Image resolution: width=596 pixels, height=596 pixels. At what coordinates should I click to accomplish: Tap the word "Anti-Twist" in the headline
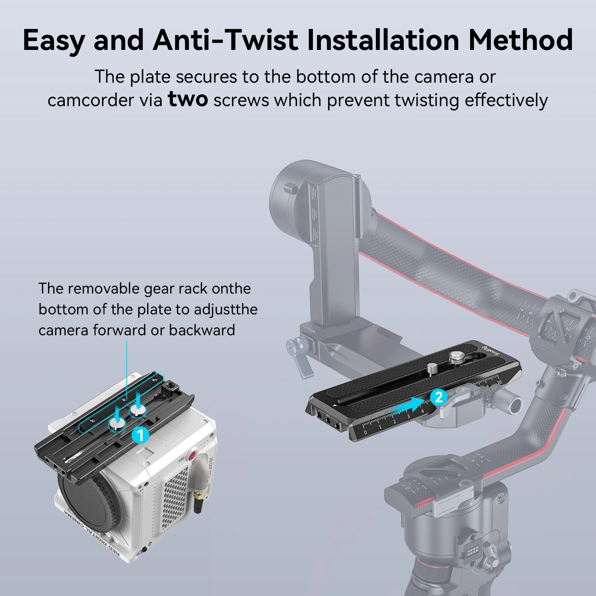(x=225, y=40)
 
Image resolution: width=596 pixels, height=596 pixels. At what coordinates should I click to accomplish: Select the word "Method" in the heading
(x=520, y=40)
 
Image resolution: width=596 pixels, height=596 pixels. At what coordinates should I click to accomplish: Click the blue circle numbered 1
(x=140, y=435)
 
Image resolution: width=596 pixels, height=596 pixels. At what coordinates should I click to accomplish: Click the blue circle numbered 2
(x=438, y=397)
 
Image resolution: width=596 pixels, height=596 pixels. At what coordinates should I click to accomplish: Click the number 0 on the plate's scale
(x=365, y=432)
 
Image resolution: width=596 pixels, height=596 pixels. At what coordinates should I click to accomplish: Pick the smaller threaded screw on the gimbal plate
(x=432, y=369)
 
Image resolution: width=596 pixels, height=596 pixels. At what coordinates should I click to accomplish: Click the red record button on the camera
(x=192, y=456)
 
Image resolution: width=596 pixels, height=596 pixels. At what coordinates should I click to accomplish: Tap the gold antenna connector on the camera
(x=199, y=497)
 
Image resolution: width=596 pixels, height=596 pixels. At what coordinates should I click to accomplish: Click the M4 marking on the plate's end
(x=328, y=416)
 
